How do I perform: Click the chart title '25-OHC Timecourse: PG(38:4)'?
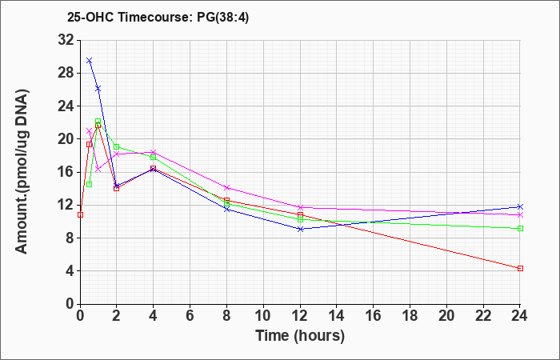coord(158,17)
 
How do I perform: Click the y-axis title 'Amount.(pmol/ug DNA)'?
coord(22,171)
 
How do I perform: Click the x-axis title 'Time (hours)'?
coord(300,336)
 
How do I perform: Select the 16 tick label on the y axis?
coord(66,172)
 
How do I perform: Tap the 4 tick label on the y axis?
coord(70,270)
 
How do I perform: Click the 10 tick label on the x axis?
coord(263,316)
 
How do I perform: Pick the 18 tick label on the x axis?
coord(410,316)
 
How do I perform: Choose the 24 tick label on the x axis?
coord(520,316)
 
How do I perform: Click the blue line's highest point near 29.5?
coord(90,60)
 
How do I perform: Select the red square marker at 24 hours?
coord(520,268)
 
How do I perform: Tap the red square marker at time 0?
coord(80,214)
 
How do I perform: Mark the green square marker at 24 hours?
coord(520,228)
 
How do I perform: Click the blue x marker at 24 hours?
coord(520,206)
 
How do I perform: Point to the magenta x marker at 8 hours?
coord(226,187)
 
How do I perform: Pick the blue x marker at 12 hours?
coord(300,229)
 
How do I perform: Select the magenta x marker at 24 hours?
coord(520,214)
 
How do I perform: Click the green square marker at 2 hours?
coord(117,146)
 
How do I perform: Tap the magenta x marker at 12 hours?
coord(300,207)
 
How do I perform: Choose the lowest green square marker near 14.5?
coord(90,184)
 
